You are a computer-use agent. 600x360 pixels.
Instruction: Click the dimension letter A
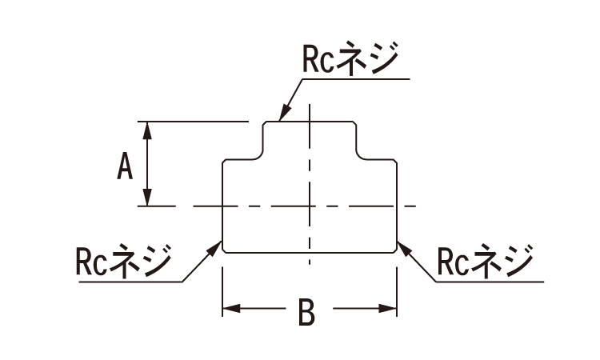click(x=125, y=167)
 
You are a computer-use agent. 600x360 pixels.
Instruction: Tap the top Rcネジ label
click(x=350, y=59)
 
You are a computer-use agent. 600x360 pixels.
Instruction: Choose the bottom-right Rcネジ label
click(x=486, y=261)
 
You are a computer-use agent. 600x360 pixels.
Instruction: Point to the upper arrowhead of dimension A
click(x=147, y=129)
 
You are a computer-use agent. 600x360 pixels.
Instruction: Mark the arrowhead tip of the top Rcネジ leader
click(x=280, y=119)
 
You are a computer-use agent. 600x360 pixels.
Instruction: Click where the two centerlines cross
click(x=310, y=206)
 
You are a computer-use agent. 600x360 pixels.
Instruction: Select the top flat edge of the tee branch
click(x=310, y=122)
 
